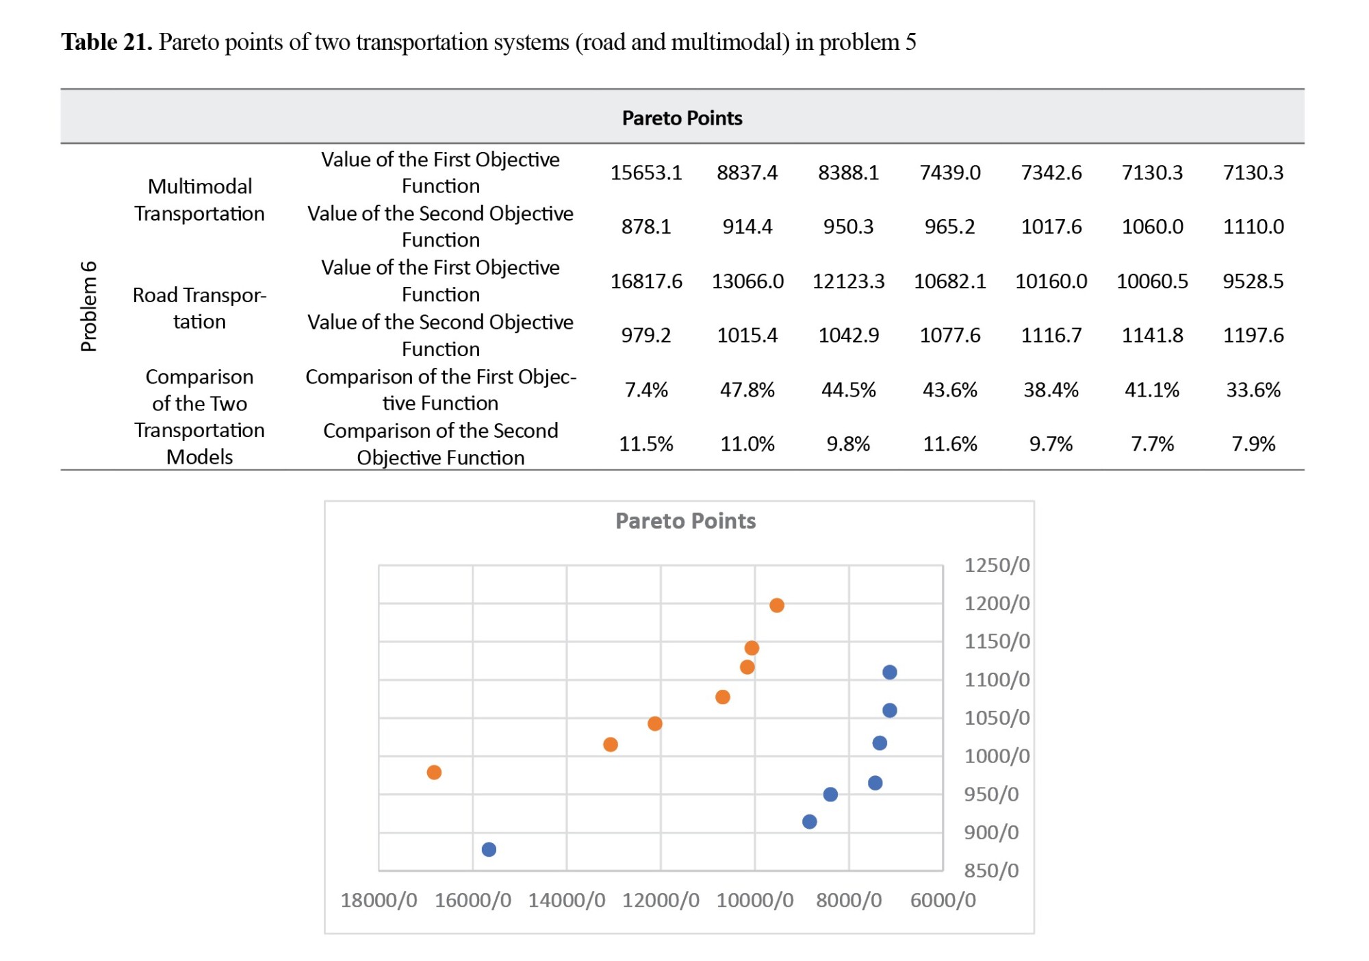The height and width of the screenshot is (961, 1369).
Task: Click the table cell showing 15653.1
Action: point(646,173)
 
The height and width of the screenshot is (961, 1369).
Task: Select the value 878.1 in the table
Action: point(646,227)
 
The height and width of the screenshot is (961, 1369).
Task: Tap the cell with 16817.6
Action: point(646,282)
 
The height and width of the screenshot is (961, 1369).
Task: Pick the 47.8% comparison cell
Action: point(747,390)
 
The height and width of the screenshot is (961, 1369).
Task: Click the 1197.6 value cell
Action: point(1253,336)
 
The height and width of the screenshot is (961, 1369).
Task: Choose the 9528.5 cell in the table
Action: point(1253,282)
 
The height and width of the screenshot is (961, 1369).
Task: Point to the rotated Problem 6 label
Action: point(89,306)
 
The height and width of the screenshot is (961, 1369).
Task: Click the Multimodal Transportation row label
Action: point(199,200)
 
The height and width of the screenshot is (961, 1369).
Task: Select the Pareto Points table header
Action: point(682,118)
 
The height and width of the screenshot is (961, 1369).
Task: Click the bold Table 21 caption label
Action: point(107,42)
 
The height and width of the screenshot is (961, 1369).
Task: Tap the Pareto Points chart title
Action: point(686,521)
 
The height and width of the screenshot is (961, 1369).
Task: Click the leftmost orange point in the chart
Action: point(434,773)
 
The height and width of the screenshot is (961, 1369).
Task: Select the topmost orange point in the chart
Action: point(777,606)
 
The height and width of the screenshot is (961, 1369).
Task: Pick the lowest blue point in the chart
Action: point(489,850)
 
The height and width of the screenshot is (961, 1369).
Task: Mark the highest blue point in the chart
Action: point(890,673)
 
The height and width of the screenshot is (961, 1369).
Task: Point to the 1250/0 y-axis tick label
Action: point(997,566)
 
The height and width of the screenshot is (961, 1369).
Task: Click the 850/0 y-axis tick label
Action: point(991,871)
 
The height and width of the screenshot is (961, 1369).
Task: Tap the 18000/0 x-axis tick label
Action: point(379,901)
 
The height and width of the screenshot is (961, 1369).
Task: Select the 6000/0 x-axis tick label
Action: point(943,901)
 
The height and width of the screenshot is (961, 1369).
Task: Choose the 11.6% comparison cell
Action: point(950,445)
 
